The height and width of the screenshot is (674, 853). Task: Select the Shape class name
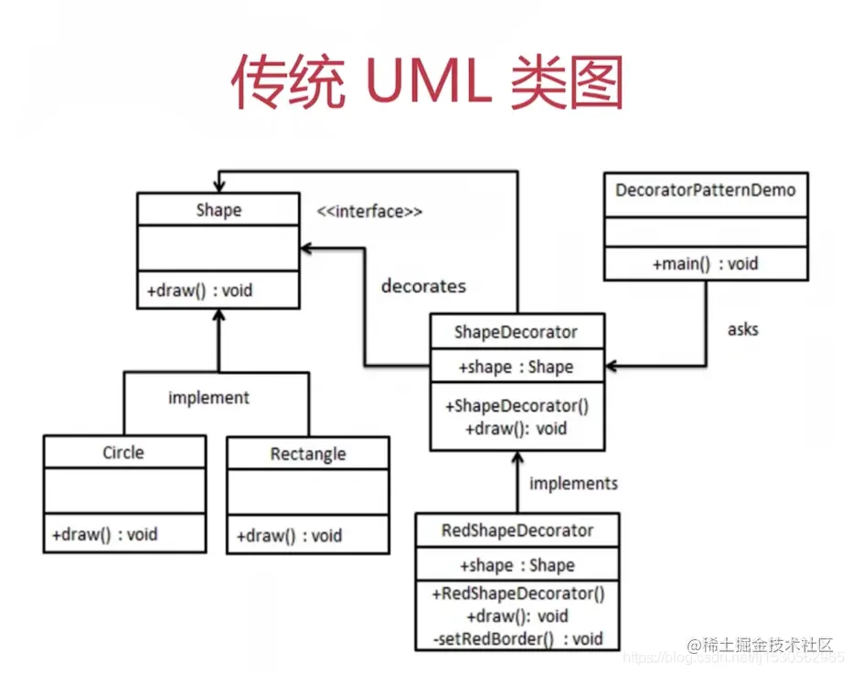219,210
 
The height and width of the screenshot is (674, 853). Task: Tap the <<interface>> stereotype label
370,211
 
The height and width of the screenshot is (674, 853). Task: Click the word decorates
422,286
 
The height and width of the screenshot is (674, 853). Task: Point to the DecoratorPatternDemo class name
705,190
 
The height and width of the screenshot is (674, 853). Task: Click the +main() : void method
705,263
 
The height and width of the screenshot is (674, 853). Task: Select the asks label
742,328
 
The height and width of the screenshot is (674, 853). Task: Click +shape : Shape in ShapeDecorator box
517,367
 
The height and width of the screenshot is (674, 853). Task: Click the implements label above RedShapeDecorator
573,483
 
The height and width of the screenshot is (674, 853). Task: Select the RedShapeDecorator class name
517,530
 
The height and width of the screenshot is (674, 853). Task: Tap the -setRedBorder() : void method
517,638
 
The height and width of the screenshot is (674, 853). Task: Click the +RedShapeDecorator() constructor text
517,594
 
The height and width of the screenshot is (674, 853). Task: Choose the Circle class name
123,453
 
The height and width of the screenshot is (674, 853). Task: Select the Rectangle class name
308,455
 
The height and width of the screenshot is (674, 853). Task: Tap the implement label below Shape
208,398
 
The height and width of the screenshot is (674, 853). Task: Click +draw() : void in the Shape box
199,291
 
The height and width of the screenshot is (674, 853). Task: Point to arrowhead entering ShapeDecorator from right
612,367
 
